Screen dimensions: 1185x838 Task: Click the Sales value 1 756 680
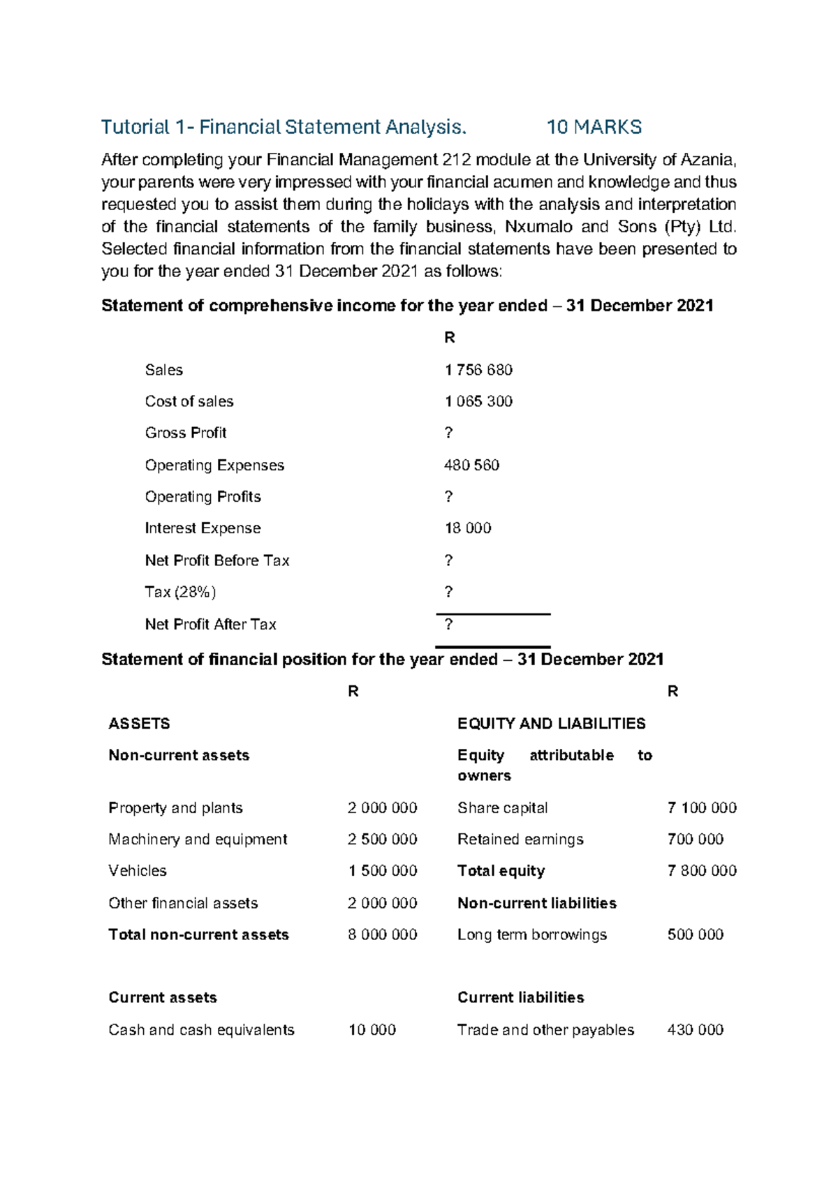(478, 370)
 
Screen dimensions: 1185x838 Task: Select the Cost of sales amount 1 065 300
(478, 401)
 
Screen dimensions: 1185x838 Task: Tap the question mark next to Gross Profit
(448, 433)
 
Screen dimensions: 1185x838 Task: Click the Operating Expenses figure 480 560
(471, 465)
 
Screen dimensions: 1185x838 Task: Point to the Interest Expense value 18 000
(468, 528)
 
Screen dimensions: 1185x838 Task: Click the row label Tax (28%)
(180, 592)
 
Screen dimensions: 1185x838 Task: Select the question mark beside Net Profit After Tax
(448, 624)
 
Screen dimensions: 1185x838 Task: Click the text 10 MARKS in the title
(594, 127)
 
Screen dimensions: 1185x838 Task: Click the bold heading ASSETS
(139, 724)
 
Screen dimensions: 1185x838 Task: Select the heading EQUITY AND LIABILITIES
(551, 724)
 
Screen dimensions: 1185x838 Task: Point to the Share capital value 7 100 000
(702, 807)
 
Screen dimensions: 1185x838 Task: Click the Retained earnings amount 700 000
(696, 839)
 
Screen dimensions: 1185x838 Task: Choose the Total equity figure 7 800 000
(702, 870)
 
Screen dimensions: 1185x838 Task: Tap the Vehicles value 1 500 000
(383, 870)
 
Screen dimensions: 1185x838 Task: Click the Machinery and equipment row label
(198, 839)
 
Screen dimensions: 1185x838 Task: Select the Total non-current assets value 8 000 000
(383, 934)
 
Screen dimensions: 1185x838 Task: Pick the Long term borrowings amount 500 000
(696, 934)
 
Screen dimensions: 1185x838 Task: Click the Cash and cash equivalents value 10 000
(372, 1029)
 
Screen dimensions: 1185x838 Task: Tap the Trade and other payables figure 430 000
(696, 1029)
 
